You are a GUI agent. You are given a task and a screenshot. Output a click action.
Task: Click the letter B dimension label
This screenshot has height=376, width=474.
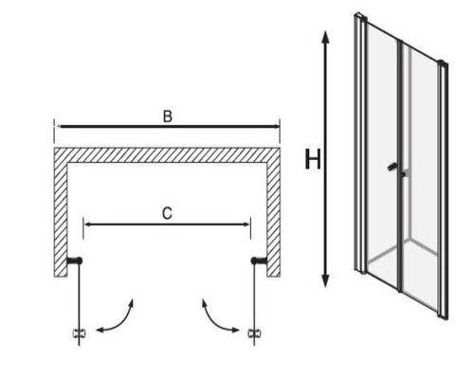coord(168,116)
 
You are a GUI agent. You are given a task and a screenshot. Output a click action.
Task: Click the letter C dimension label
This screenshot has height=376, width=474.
coord(167,213)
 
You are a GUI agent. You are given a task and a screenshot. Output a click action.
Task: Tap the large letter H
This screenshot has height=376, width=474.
coord(313,159)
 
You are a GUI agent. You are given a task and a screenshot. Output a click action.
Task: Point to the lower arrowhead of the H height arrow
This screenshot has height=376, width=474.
coord(325,280)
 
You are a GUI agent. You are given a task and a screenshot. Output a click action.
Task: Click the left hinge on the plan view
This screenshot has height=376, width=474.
coord(75,260)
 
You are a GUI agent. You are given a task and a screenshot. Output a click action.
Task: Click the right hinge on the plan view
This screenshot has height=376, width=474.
coord(259,260)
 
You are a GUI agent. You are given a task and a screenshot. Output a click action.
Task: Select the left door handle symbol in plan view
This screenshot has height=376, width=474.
coord(79,333)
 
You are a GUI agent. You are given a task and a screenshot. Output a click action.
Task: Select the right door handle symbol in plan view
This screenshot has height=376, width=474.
coord(254,333)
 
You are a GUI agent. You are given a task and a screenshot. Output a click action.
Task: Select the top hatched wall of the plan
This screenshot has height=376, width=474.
coord(167,155)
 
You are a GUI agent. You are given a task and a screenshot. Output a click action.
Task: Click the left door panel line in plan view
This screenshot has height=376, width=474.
coord(79,303)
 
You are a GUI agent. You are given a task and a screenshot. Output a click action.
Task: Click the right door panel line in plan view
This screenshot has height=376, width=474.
coord(254,303)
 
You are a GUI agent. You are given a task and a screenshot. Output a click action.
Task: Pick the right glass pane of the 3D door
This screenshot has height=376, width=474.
coord(421,177)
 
